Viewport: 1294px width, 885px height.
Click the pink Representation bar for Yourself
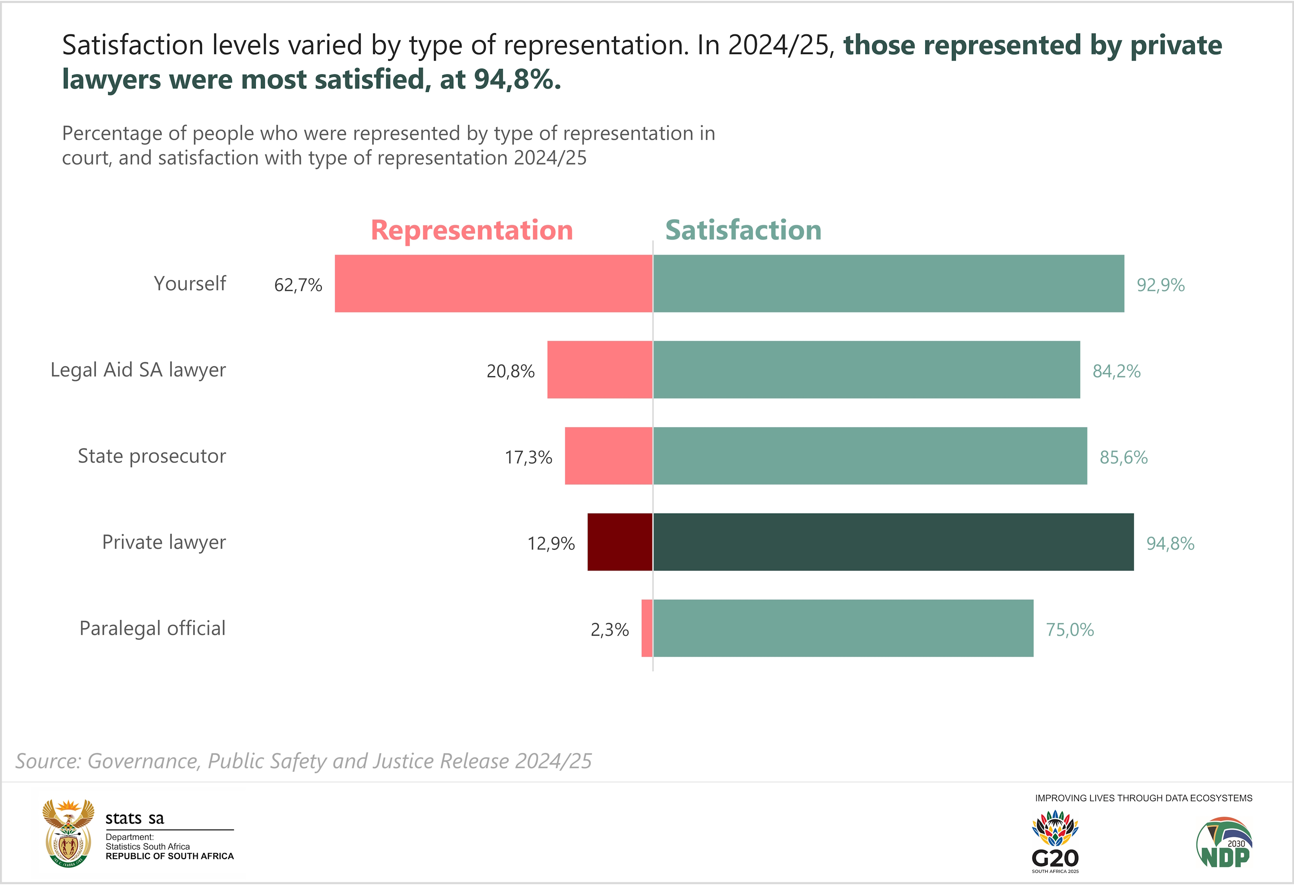tap(493, 283)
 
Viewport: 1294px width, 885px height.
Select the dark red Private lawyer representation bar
tap(620, 542)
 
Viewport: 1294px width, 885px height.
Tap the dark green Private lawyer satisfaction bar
tap(893, 542)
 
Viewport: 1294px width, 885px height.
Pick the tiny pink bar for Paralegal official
tap(647, 628)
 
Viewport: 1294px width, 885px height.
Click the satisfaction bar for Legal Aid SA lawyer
tap(867, 370)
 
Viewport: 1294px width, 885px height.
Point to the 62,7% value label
tap(298, 285)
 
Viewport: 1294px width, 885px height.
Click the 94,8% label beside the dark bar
tap(1170, 544)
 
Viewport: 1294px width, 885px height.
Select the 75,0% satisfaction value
tap(1070, 630)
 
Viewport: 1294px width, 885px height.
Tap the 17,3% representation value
tap(528, 458)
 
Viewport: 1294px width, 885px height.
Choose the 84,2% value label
tap(1116, 372)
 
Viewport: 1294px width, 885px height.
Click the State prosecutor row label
tap(151, 456)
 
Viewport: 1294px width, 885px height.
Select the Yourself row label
tap(189, 283)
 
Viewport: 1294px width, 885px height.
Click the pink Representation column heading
tap(471, 230)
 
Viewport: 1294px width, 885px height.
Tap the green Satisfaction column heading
tap(743, 230)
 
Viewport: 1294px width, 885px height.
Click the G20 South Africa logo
tap(1055, 841)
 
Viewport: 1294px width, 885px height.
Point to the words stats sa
tap(135, 818)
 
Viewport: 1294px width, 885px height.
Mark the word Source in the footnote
tap(48, 761)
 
